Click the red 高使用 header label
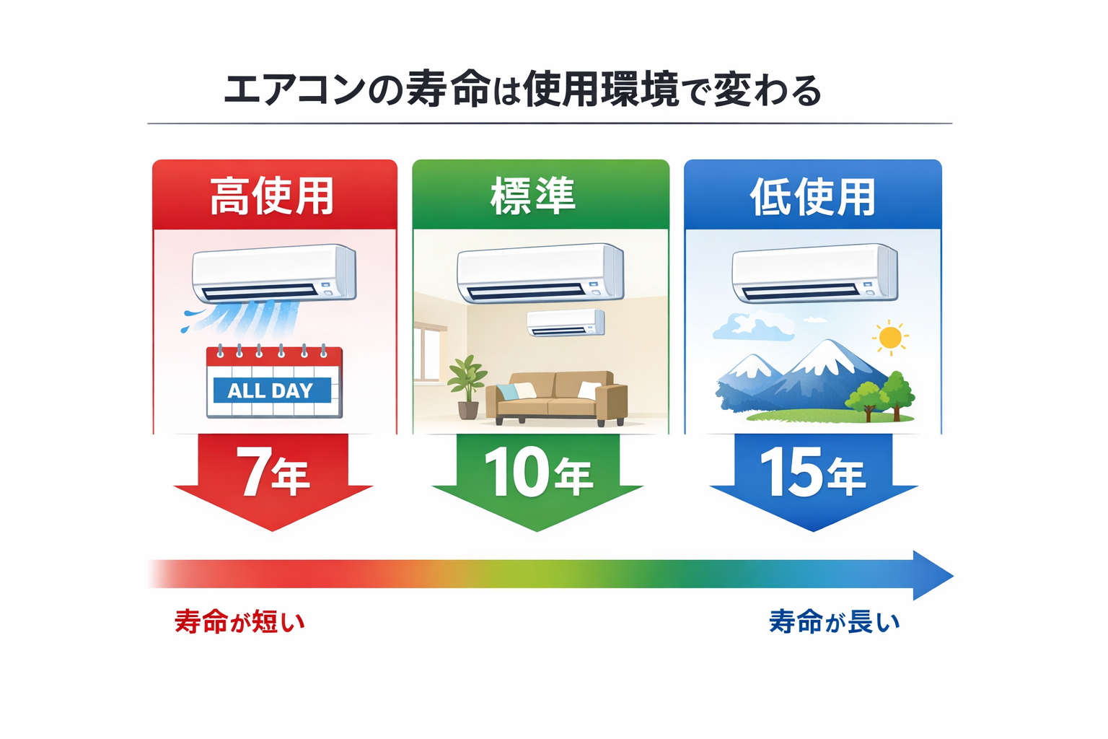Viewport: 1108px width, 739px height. pyautogui.click(x=273, y=196)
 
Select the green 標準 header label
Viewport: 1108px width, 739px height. pyautogui.click(x=534, y=196)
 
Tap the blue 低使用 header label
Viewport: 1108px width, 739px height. pyautogui.click(x=813, y=197)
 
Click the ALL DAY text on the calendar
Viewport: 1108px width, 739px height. pyautogui.click(x=271, y=390)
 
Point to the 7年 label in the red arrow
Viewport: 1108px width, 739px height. pyautogui.click(x=273, y=473)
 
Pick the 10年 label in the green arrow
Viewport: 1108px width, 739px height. pyautogui.click(x=538, y=473)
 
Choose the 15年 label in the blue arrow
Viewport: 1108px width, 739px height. pyautogui.click(x=812, y=473)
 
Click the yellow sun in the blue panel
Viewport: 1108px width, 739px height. pyautogui.click(x=890, y=337)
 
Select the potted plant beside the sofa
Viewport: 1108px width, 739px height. pyautogui.click(x=467, y=385)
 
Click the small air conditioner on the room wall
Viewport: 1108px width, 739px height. pyautogui.click(x=566, y=323)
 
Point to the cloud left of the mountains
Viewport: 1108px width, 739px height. pyautogui.click(x=752, y=327)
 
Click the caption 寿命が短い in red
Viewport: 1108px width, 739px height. pyautogui.click(x=240, y=622)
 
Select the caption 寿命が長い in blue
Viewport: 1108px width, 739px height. pyautogui.click(x=835, y=622)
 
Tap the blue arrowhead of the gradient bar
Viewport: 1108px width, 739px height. pyautogui.click(x=932, y=575)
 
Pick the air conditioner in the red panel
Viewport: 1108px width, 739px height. pyautogui.click(x=274, y=274)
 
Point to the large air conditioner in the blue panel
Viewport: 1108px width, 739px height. pyautogui.click(x=814, y=274)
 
